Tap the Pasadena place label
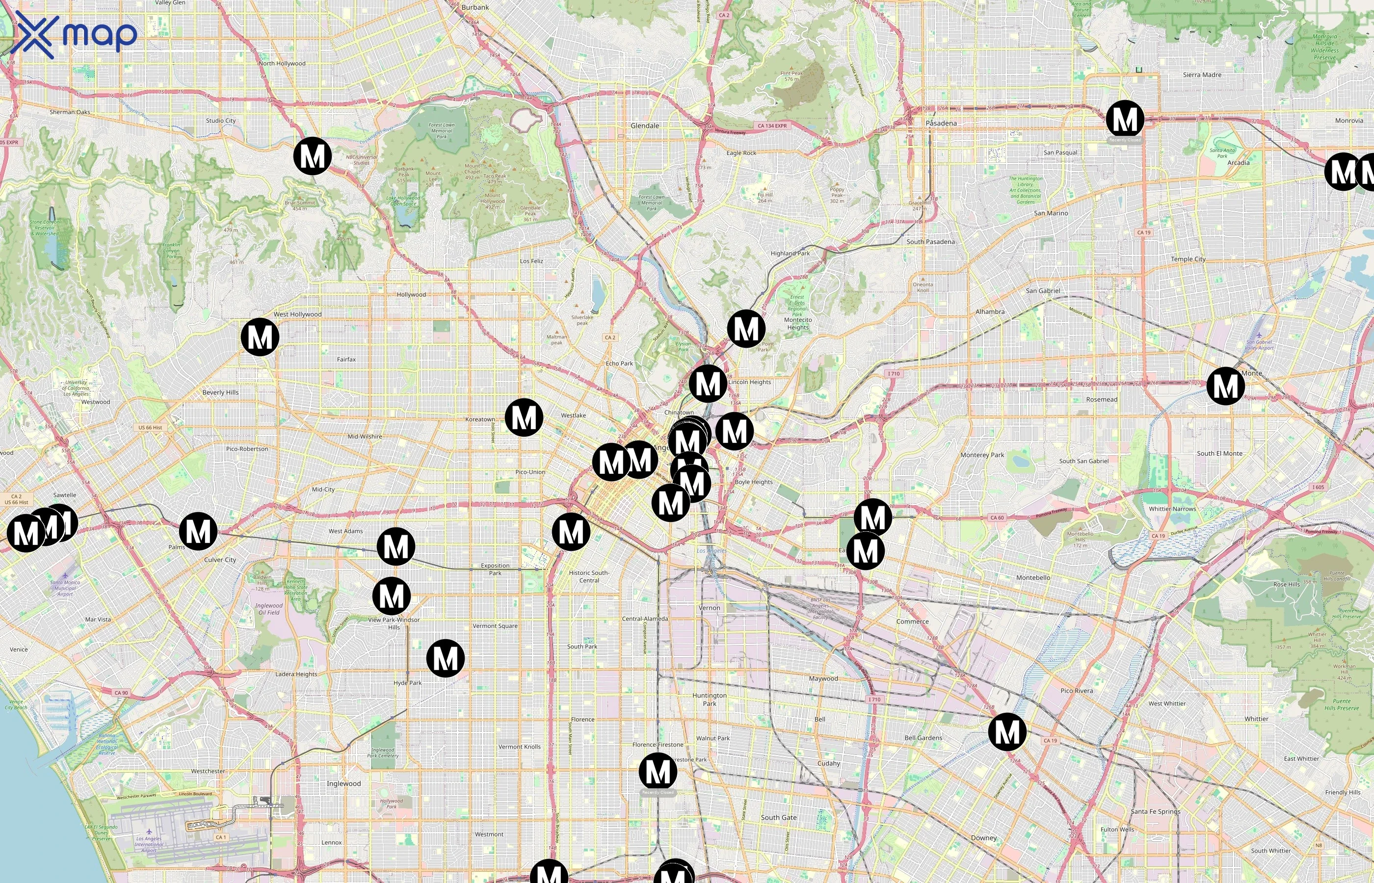[941, 123]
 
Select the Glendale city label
[645, 126]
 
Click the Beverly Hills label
[220, 393]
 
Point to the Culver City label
[220, 560]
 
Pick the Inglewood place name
[343, 783]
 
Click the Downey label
[983, 838]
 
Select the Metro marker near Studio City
[313, 156]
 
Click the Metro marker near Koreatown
[524, 417]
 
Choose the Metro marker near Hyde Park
[446, 658]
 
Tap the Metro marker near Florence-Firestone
[658, 772]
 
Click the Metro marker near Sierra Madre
[1125, 119]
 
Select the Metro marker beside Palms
[198, 532]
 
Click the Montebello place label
[1033, 577]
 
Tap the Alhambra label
[990, 312]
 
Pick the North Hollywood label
[282, 64]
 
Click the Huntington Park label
[710, 700]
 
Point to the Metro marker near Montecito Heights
[746, 329]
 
